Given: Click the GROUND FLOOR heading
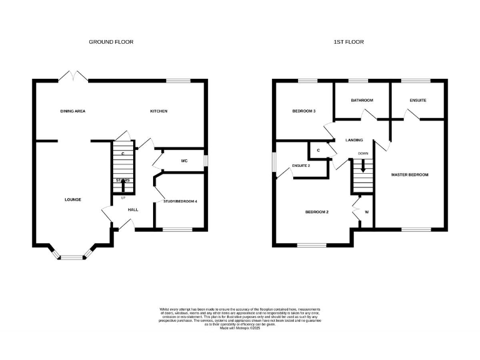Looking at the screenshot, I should tap(111, 42).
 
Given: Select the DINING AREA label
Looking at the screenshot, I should tap(72, 111).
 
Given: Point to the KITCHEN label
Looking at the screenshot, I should tap(158, 111).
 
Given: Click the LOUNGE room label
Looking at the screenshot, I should tap(72, 199).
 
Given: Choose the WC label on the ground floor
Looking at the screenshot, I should tap(184, 161).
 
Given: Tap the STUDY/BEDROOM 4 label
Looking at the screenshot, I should tap(180, 201).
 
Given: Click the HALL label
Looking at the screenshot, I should tap(133, 209).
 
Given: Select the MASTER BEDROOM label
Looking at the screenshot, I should tap(410, 174).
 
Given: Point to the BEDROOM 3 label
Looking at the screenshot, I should tap(304, 111).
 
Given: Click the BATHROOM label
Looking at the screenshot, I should tap(362, 100).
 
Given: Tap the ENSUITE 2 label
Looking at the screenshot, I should tap(301, 165).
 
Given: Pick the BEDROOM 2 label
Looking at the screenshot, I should tap(317, 212).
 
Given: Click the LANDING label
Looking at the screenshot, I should tap(354, 140).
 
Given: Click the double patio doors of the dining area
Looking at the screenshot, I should tap(74, 76).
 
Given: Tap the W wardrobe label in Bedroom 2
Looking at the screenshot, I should tap(366, 212).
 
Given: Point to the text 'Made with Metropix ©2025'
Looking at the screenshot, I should tap(239, 336).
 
